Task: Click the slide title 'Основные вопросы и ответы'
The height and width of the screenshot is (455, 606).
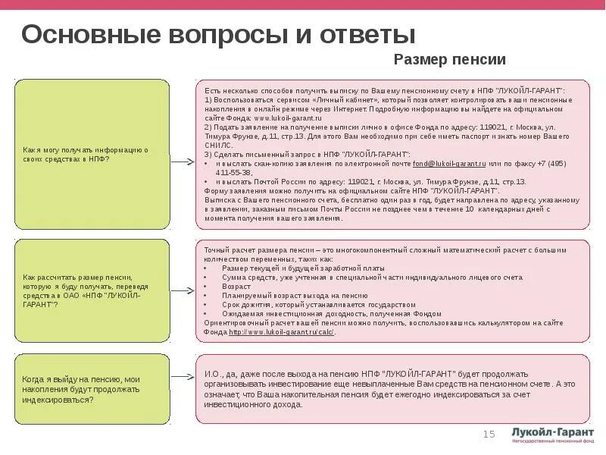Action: pos(218,35)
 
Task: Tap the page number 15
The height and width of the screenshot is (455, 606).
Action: pos(489,434)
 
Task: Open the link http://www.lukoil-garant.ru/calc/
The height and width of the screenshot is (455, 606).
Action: pos(281,332)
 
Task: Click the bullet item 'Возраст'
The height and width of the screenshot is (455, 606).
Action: pos(236,287)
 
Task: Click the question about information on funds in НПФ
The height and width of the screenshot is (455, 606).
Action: pos(92,155)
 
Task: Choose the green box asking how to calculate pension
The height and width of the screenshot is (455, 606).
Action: pos(92,290)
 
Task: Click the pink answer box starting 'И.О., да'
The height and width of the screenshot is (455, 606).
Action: pos(392,389)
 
